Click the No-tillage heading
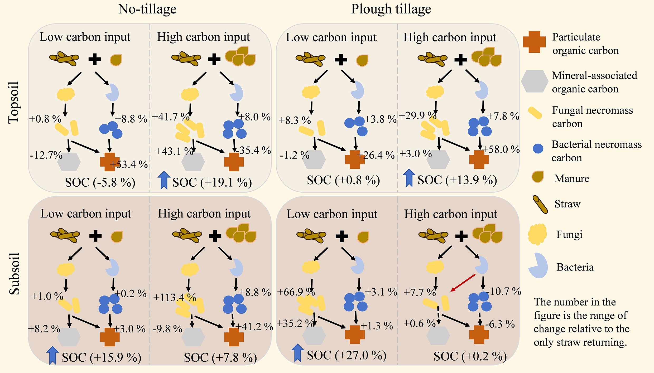147,9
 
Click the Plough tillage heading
391,9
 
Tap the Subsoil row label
15,273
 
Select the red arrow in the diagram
463,283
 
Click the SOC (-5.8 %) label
100,182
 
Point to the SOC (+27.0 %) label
347,355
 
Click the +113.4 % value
175,298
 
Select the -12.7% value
46,155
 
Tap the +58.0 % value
501,149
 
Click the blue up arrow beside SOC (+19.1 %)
164,180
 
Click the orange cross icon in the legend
534,42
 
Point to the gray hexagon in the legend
535,81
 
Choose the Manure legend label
572,178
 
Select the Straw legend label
568,204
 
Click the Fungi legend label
569,234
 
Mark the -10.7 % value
503,291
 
